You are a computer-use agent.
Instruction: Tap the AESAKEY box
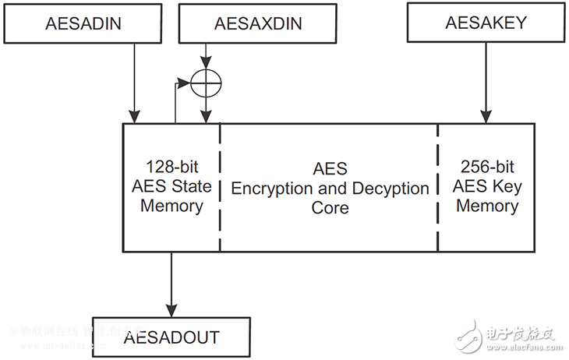486,23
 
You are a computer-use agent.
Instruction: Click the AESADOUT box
171,337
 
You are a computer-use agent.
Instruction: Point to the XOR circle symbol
206,81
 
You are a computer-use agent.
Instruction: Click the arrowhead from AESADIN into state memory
134,117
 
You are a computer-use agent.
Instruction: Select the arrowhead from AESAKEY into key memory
486,117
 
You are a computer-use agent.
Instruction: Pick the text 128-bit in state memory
171,168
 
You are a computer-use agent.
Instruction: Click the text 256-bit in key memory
486,168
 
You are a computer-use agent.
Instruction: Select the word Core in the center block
330,208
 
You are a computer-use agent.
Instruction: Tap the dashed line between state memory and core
220,187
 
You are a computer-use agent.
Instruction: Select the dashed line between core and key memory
438,187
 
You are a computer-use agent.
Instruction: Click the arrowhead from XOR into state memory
206,117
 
